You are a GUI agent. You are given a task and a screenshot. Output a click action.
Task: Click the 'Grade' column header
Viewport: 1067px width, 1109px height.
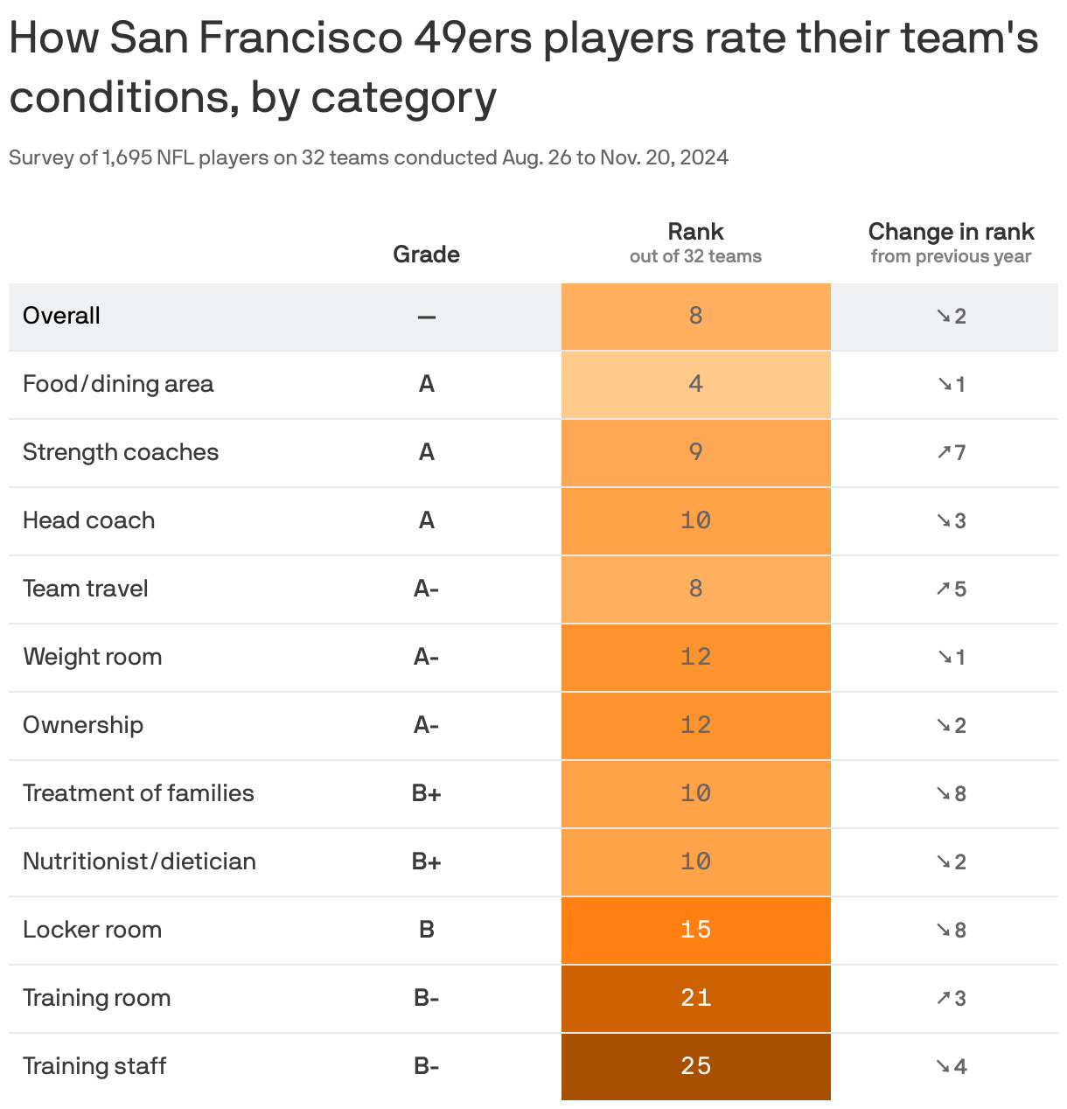[426, 255]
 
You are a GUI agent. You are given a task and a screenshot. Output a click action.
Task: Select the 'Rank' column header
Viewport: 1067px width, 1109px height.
[695, 232]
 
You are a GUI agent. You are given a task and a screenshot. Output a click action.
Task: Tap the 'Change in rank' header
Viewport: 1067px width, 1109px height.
[951, 232]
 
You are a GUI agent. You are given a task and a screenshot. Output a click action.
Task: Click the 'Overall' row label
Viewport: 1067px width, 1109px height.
[61, 316]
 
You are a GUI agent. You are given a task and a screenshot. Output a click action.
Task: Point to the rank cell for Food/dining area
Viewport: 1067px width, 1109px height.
[695, 384]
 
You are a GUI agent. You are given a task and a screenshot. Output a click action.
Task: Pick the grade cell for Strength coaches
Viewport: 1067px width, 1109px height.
[426, 452]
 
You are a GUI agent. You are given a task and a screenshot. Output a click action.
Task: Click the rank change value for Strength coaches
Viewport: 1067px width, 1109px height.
[952, 452]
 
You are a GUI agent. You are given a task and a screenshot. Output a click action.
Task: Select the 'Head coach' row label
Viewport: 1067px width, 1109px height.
[88, 520]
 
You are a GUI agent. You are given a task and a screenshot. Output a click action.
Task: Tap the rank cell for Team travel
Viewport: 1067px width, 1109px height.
[695, 589]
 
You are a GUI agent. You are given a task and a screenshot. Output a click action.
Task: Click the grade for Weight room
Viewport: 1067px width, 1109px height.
[426, 657]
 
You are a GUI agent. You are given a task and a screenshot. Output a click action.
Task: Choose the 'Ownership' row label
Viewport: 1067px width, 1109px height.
[83, 725]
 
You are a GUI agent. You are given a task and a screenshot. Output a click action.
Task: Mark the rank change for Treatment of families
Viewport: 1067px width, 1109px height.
[952, 793]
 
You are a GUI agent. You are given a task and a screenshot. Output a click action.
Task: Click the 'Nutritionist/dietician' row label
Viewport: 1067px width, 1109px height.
[139, 861]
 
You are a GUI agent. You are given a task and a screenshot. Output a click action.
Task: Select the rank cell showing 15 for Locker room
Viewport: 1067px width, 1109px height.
[695, 930]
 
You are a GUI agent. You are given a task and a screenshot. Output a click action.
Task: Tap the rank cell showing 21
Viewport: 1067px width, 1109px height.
[695, 998]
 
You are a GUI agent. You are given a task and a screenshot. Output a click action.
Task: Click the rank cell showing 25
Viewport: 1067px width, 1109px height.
[695, 1066]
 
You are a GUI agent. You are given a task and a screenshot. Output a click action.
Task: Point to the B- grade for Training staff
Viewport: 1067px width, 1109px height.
[426, 1066]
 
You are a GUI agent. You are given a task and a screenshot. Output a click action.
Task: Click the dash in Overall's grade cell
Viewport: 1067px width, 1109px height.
[426, 317]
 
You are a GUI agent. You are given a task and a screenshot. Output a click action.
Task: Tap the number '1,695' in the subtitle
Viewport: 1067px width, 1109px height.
[127, 157]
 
